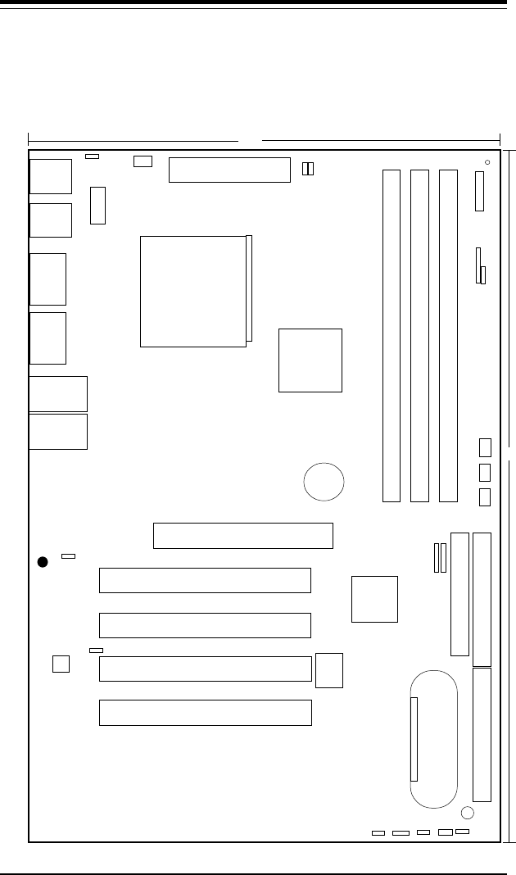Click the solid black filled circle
pos(43,561)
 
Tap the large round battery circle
pos(324,480)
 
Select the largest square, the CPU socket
pos(193,291)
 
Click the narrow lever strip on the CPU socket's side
pos(249,288)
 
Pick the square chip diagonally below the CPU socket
pos(310,360)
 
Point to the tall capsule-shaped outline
pos(434,739)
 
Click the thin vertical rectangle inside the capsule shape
pos(414,739)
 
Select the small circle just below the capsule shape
pos(467,814)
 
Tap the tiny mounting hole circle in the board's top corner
pos(487,162)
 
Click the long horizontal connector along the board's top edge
pos(229,170)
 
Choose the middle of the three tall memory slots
pos(419,335)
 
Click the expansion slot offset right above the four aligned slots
pos(243,535)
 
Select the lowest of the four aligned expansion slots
pos(205,713)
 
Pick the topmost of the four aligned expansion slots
pos(205,579)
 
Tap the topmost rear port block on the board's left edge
pos(50,176)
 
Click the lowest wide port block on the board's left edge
pos(57,432)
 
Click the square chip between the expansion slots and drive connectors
pos(374,599)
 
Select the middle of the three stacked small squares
pos(485,472)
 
